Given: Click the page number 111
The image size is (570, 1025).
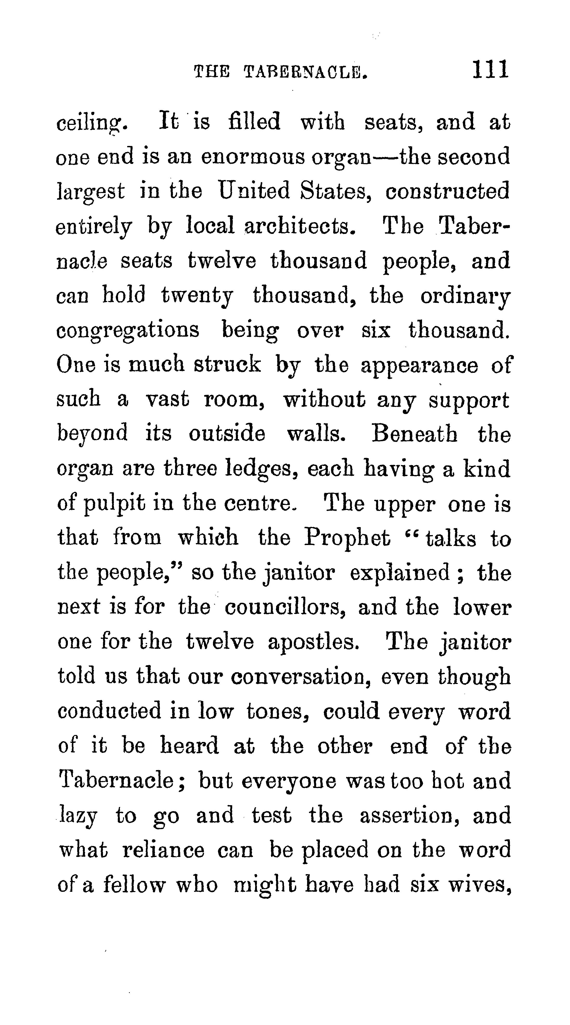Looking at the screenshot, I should tap(490, 70).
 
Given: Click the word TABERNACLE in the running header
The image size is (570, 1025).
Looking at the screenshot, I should tap(305, 72).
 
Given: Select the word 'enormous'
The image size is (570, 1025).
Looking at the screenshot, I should tap(252, 157).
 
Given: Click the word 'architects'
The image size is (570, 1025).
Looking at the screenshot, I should tap(299, 226).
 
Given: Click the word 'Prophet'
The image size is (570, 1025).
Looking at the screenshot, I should tap(347, 538).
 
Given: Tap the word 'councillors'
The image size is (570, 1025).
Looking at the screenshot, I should tap(284, 608).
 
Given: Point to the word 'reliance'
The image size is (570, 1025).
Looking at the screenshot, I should tap(164, 850).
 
